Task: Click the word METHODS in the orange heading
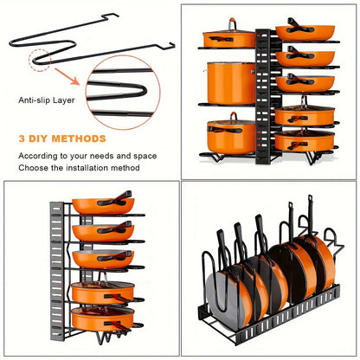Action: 80,138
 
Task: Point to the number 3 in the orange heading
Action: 22,138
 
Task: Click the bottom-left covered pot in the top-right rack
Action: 229,136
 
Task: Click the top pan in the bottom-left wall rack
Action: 103,206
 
